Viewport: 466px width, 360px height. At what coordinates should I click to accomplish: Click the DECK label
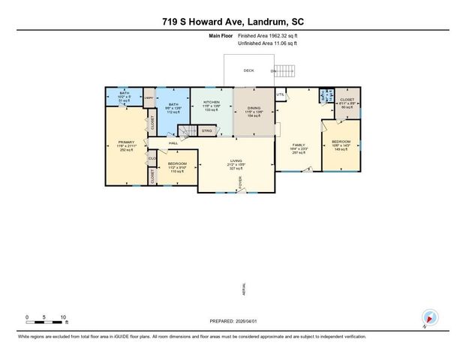click(248, 70)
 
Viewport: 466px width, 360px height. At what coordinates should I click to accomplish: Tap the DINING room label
click(254, 108)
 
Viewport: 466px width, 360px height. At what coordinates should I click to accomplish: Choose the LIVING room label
click(238, 160)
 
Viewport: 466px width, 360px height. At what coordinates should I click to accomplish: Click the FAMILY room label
click(299, 145)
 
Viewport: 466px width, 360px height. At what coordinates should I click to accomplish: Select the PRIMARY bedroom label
click(125, 142)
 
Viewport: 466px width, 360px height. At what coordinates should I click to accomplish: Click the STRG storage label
click(206, 130)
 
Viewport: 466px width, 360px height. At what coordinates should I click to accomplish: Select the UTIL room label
click(281, 94)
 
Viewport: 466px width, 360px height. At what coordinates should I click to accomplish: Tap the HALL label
click(173, 142)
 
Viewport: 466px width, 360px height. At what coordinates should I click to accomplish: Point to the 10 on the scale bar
click(63, 317)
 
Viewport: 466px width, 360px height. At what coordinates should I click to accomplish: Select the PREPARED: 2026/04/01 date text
click(233, 321)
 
